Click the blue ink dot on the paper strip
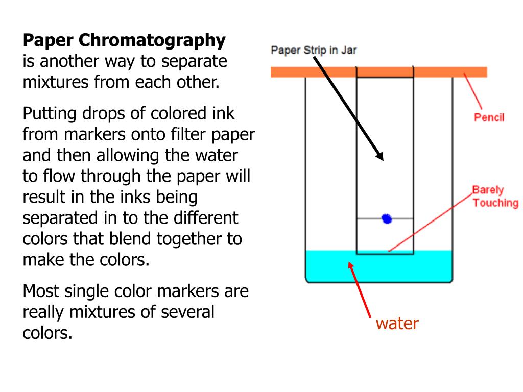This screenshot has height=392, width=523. coord(387,219)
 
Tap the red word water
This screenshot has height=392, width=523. coord(397,323)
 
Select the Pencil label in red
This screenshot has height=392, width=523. coord(489,117)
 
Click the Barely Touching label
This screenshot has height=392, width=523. coord(494,197)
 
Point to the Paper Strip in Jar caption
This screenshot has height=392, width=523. coord(313,50)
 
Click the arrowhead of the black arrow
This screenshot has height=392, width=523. coord(379,156)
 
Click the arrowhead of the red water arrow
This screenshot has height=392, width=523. coord(350,265)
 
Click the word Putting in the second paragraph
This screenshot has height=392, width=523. coord(50,113)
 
